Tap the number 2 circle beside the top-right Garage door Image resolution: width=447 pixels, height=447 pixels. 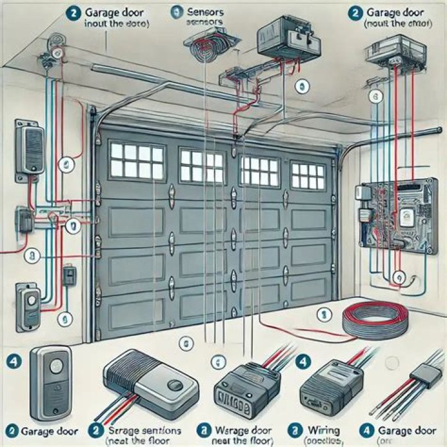(356, 11)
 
